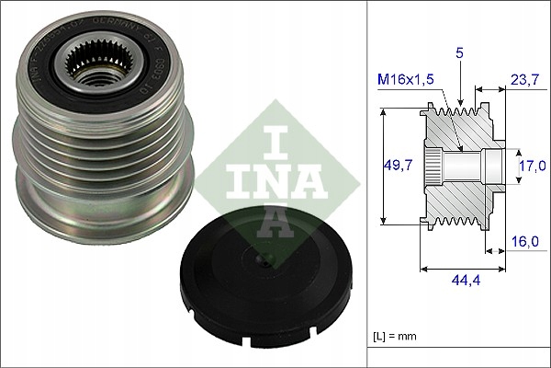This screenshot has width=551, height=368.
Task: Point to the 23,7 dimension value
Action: coord(523,79)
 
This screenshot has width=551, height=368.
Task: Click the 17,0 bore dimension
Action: coord(530,166)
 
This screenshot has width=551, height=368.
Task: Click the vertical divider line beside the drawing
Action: coord(366,184)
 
